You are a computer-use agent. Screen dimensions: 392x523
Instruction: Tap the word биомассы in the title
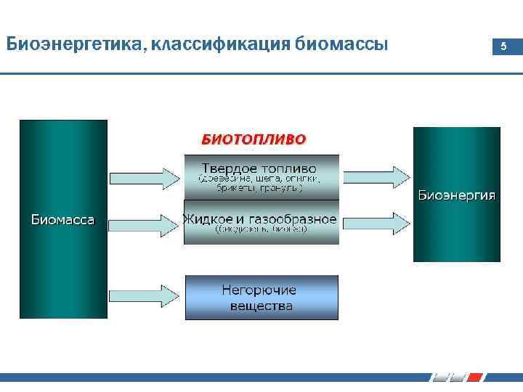pos(342,45)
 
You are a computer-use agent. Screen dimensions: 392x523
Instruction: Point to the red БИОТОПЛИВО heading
pos(254,138)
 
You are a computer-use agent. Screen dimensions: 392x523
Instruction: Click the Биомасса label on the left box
pos(62,219)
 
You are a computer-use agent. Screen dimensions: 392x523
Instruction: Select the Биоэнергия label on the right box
pos(457,195)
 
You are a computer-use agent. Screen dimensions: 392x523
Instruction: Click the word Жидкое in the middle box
pos(208,219)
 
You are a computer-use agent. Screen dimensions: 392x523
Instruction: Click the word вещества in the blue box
pos(261,306)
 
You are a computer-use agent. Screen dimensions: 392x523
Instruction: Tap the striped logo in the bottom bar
pos(458,377)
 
